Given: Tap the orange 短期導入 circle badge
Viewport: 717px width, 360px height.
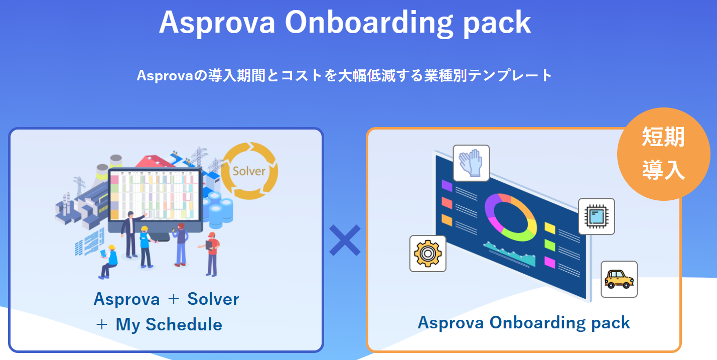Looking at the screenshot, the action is pos(663,154).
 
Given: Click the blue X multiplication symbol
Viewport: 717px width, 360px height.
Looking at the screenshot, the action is pos(345,240).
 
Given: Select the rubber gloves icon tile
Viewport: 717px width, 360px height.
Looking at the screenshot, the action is pos(471,163).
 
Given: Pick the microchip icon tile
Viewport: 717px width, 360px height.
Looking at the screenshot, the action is pos(596,216).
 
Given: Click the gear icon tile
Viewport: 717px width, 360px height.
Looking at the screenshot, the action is pos(428,254).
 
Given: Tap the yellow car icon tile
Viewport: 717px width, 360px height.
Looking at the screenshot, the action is pos(619,279).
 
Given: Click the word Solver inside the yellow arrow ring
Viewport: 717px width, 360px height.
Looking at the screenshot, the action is pos(249,171).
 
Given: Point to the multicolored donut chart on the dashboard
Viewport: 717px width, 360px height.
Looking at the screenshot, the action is pos(511,217).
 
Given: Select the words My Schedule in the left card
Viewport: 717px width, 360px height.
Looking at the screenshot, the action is pos(169,325).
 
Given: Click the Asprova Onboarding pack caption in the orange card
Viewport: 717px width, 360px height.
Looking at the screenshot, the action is pos(524,322).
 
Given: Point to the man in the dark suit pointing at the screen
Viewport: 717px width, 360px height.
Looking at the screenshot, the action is pos(131,234).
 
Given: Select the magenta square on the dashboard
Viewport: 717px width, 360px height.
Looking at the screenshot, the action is pos(549,262).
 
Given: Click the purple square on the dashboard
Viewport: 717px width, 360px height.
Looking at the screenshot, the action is pos(447,185).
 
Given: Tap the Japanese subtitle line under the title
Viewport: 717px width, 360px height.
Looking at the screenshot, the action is pos(344,76).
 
